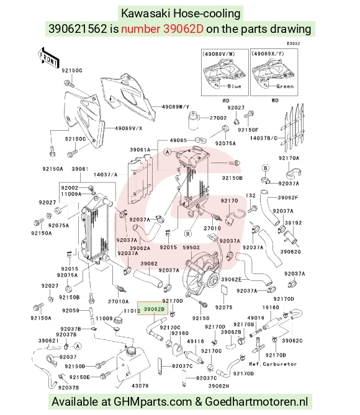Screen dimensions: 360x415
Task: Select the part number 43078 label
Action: (140, 386)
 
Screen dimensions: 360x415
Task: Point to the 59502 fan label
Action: (191, 248)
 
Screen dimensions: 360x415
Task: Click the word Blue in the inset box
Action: (235, 86)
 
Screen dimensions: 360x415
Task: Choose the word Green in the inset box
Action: (285, 86)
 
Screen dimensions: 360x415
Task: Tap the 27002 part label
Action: (218, 118)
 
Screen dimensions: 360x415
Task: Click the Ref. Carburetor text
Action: (273, 364)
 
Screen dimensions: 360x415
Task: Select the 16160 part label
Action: (271, 307)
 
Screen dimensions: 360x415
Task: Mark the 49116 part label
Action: (196, 341)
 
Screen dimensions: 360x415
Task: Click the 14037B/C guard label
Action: (264, 138)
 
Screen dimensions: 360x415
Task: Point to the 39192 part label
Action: (293, 223)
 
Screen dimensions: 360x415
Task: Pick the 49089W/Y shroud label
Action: (176, 107)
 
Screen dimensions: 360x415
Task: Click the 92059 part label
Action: (71, 310)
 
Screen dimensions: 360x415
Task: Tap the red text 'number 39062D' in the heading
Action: (163, 29)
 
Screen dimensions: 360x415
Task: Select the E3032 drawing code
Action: (294, 43)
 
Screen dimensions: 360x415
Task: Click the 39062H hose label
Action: (218, 386)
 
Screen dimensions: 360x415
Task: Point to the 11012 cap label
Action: (132, 311)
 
